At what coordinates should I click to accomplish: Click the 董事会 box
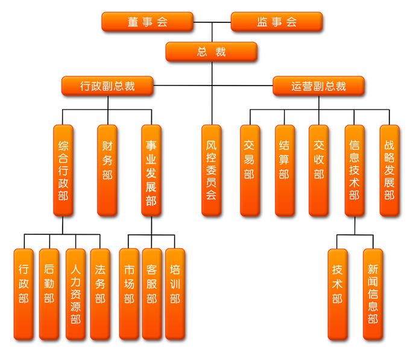pos(147,22)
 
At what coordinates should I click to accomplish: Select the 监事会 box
pos(277,22)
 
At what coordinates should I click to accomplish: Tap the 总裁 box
pos(212,52)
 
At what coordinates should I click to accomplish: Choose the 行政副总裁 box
pos(107,86)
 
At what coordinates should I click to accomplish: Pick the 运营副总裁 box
pos(318,86)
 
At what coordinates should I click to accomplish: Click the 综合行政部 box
pos(63,170)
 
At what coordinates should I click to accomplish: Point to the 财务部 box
pos(107,170)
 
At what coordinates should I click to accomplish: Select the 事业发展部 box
pos(151,170)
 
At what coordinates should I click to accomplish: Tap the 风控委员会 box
pos(211,170)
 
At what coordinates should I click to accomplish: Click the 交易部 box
pos(250,170)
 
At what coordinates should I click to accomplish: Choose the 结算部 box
pos(285,170)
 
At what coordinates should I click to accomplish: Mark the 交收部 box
pos(319,170)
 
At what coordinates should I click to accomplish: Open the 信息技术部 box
pos(354,170)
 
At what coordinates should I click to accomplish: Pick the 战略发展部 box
pos(389,170)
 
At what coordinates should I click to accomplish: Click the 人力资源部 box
pos(75,294)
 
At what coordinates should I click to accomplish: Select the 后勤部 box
pos(49,294)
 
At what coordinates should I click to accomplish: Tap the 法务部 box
pos(100,294)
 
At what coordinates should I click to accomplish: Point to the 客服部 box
pos(151,294)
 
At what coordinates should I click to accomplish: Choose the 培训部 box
pos(175,294)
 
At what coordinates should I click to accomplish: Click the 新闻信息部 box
pos(373,294)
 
